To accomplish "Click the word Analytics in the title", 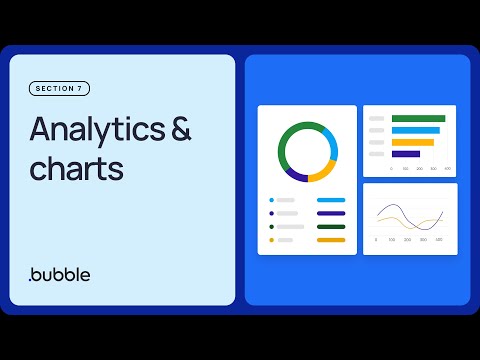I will [x=99, y=131].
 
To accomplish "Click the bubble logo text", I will [x=60, y=274].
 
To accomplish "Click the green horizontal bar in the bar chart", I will [x=419, y=119].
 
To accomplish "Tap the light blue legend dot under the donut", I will [x=271, y=200].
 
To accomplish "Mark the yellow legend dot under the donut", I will [x=271, y=240].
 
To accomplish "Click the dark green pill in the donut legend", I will [x=330, y=227].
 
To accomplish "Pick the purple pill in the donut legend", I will [x=330, y=213].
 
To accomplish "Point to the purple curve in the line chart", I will [x=395, y=210].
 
